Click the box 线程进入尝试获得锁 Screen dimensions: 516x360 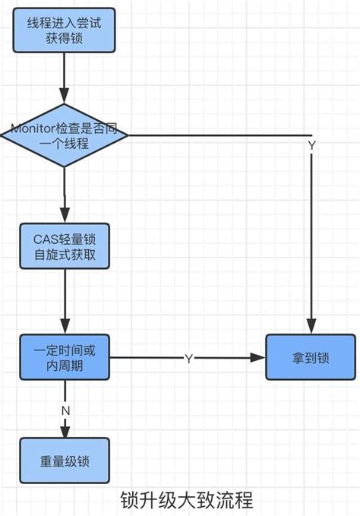pyautogui.click(x=64, y=30)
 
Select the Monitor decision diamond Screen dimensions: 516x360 pyautogui.click(x=64, y=136)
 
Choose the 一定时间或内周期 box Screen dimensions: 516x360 pyautogui.click(x=65, y=357)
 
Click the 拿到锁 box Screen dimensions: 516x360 pyautogui.click(x=310, y=357)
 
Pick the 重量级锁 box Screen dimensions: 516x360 pyautogui.click(x=65, y=461)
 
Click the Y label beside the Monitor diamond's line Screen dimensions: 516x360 pyautogui.click(x=311, y=145)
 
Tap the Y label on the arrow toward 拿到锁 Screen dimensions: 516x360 pyautogui.click(x=188, y=358)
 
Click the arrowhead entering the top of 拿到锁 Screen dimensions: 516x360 pyautogui.click(x=310, y=327)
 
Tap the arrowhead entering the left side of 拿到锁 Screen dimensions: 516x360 pyautogui.click(x=258, y=357)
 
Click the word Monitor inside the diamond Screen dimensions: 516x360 pyautogui.click(x=36, y=129)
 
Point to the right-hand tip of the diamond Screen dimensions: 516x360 pyautogui.click(x=127, y=136)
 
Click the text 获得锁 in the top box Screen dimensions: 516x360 pyautogui.click(x=64, y=39)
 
